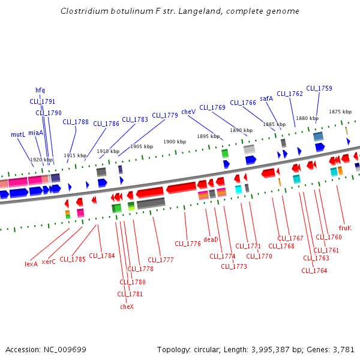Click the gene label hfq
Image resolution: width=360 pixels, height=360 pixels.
click(x=40, y=91)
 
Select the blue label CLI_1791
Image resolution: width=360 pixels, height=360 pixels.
click(x=43, y=101)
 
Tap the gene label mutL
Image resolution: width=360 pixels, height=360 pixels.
click(x=18, y=135)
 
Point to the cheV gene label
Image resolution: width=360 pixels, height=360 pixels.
click(x=188, y=112)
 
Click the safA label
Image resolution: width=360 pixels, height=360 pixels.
click(x=266, y=98)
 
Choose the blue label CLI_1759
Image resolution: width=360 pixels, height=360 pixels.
click(x=319, y=88)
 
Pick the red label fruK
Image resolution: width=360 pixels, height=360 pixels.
click(x=345, y=228)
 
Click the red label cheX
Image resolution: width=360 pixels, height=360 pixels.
click(x=127, y=306)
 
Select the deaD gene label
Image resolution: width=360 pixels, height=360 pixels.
click(x=211, y=239)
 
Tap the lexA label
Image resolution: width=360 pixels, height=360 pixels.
click(x=31, y=263)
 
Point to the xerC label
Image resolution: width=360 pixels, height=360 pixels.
click(x=49, y=262)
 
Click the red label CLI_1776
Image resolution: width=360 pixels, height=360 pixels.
click(x=188, y=244)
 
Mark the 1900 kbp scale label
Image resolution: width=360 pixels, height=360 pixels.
click(x=175, y=142)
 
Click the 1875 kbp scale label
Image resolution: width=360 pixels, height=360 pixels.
click(x=340, y=112)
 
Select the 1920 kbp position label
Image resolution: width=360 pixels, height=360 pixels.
click(x=41, y=160)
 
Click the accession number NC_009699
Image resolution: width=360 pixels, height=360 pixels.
click(x=65, y=349)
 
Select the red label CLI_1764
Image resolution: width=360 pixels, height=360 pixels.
click(x=314, y=271)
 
